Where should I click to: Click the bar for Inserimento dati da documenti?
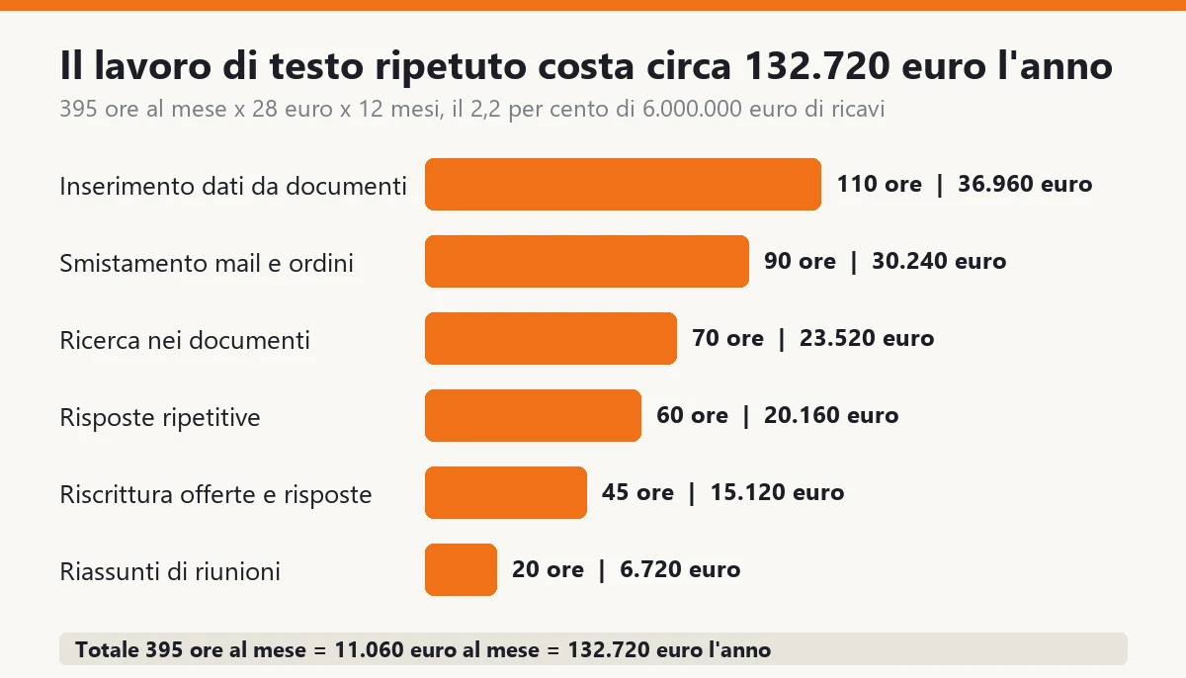pyautogui.click(x=623, y=184)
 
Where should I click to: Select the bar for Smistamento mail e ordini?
pyautogui.click(x=587, y=262)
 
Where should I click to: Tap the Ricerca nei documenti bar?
pyautogui.click(x=551, y=339)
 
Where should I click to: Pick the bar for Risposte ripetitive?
pyautogui.click(x=533, y=415)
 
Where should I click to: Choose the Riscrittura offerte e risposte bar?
pyautogui.click(x=506, y=493)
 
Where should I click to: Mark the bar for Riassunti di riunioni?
pyautogui.click(x=461, y=569)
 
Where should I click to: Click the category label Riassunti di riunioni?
pyautogui.click(x=170, y=571)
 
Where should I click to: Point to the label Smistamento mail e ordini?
pyautogui.click(x=207, y=263)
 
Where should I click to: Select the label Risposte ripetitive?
pyautogui.click(x=160, y=418)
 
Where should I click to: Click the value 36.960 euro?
pyautogui.click(x=1025, y=184)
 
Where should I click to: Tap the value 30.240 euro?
pyautogui.click(x=939, y=262)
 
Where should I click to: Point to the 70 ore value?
pyautogui.click(x=728, y=338)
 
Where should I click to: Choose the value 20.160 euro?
pyautogui.click(x=831, y=415)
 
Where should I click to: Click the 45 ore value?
pyautogui.click(x=637, y=493)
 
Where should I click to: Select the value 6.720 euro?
pyautogui.click(x=680, y=569)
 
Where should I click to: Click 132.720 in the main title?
pyautogui.click(x=817, y=65)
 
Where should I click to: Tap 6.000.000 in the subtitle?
pyautogui.click(x=692, y=109)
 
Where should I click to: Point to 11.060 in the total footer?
pyautogui.click(x=369, y=650)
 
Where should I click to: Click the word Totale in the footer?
pyautogui.click(x=108, y=650)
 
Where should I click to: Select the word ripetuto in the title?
pyautogui.click(x=451, y=66)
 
